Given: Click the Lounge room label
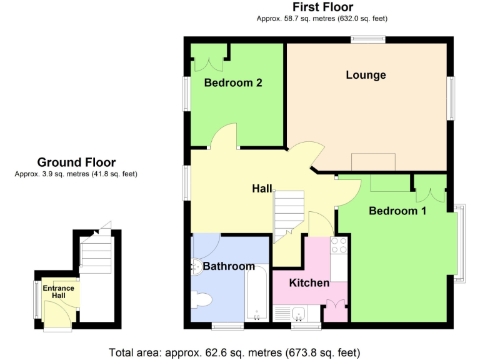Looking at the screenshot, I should (x=366, y=75).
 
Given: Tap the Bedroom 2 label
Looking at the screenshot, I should (x=232, y=82).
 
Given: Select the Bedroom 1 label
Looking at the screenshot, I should (x=397, y=211).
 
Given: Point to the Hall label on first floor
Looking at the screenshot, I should (x=262, y=188).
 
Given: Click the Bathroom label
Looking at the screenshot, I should (x=229, y=266).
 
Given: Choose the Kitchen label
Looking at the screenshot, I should (x=309, y=283).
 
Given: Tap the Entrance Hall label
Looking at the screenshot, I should (x=58, y=292).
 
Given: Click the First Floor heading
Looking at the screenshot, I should (x=322, y=7).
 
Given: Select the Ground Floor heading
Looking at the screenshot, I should (x=76, y=162).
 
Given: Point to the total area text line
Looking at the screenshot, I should (x=234, y=352).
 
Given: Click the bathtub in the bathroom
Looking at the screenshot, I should (x=256, y=293).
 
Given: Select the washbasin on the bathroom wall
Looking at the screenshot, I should (x=195, y=266).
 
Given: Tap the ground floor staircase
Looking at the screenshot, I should (x=96, y=253).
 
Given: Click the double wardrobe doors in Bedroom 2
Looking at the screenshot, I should (x=204, y=63).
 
